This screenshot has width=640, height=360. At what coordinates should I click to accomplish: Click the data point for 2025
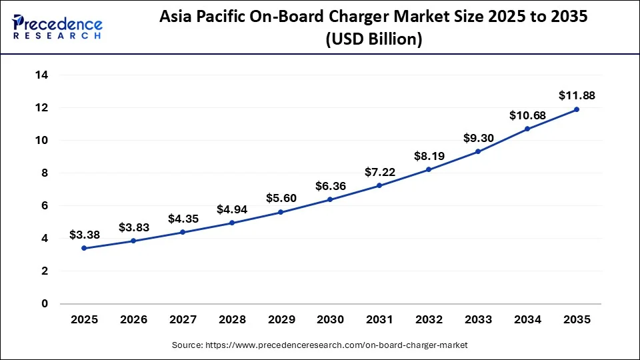(84, 248)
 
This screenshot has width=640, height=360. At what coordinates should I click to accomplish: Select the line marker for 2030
(330, 199)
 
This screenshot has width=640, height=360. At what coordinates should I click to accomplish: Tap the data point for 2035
(577, 109)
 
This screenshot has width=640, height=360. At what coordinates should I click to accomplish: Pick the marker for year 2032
(429, 169)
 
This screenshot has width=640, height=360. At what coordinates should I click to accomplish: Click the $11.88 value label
(577, 95)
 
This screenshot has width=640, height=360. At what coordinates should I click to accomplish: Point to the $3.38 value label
(84, 235)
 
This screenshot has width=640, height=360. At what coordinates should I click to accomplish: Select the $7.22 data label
(379, 172)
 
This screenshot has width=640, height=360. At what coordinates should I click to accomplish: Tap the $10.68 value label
(527, 115)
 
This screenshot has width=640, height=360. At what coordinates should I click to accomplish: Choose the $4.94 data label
(231, 209)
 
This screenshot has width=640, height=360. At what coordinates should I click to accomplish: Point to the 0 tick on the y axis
(45, 303)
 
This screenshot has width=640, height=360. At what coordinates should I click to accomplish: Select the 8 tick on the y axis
(45, 173)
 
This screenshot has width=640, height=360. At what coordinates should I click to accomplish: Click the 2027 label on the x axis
(183, 319)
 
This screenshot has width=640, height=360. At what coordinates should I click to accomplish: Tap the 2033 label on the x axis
(478, 319)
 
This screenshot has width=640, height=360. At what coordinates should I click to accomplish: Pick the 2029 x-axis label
(281, 319)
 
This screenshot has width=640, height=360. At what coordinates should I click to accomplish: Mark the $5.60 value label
(281, 198)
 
